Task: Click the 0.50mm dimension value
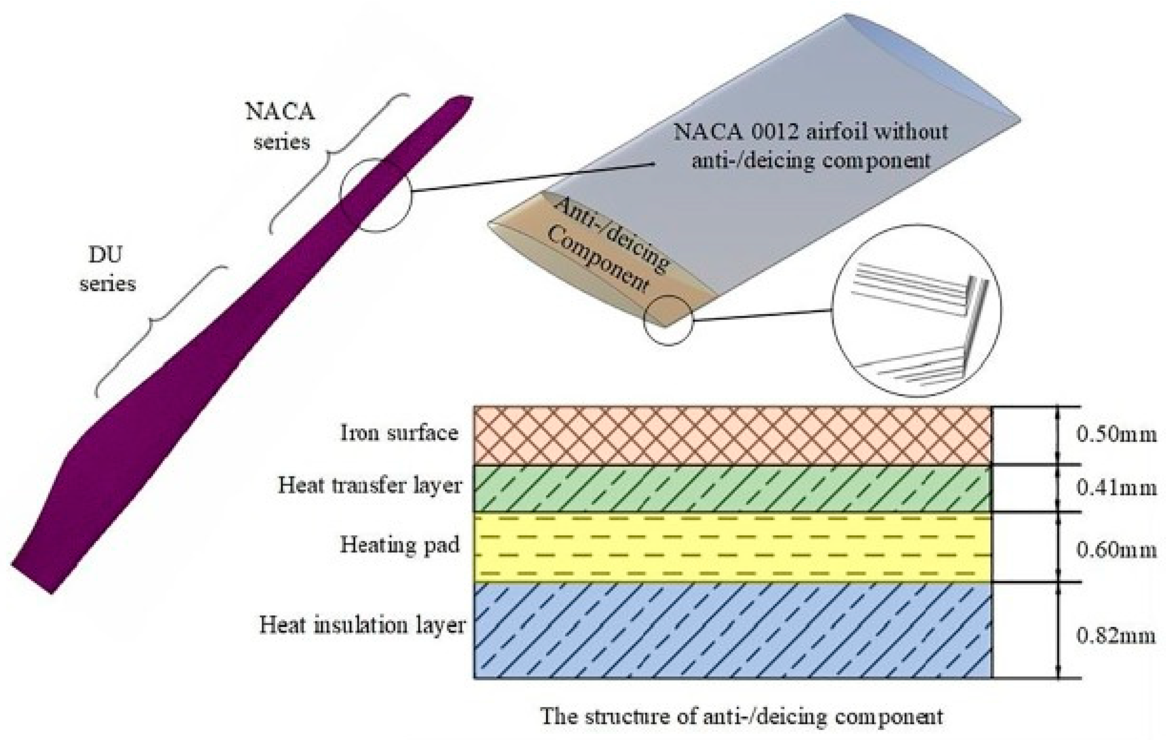pos(1116,433)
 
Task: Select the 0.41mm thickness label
pos(1116,487)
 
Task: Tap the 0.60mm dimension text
pos(1116,550)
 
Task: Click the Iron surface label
pos(399,433)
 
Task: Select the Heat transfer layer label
pos(370,485)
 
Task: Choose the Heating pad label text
pos(399,545)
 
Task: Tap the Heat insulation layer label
pos(362,625)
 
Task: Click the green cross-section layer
pos(732,488)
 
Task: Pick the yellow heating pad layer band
pos(732,547)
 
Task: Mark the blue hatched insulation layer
pos(732,630)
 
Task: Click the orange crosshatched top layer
pos(732,435)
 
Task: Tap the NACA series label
pos(281,127)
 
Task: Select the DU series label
pos(107,269)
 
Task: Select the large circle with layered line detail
pos(917,311)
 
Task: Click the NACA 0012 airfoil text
pos(810,146)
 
